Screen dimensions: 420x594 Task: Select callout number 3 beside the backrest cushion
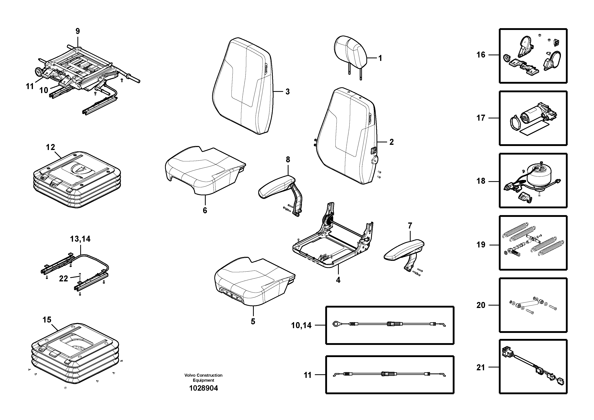pos(288,92)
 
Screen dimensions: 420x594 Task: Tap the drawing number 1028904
pos(204,388)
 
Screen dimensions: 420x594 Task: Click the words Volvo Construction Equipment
pos(203,377)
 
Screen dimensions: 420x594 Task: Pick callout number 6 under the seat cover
pos(205,210)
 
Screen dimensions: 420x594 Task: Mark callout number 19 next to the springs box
pos(481,245)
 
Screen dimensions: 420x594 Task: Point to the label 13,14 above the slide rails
pos(80,239)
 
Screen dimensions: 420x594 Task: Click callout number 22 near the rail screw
pos(63,279)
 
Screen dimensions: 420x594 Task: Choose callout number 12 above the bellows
pos(50,147)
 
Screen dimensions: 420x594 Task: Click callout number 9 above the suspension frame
pos(78,31)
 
